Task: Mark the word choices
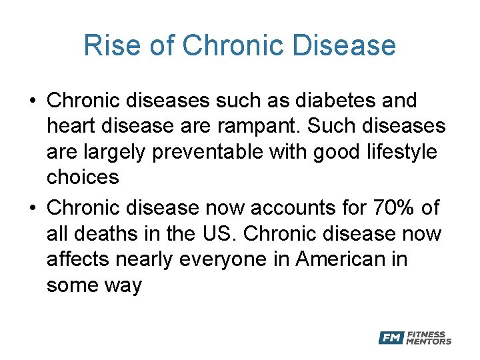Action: click(x=83, y=177)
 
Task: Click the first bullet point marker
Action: click(x=31, y=101)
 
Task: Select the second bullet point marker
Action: click(x=31, y=209)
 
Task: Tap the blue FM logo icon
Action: click(x=391, y=338)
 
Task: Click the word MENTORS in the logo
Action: click(x=429, y=341)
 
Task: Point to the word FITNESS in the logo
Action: click(x=426, y=334)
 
